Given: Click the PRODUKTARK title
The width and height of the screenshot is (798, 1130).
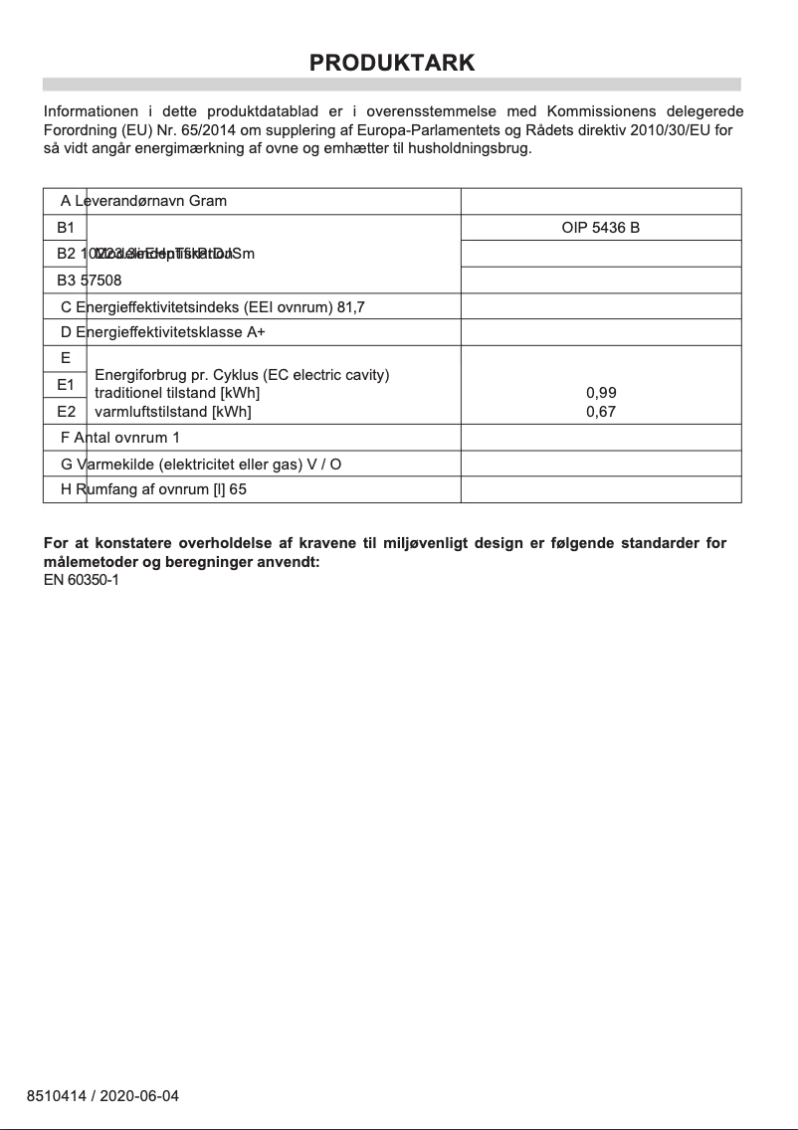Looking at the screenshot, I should [392, 63].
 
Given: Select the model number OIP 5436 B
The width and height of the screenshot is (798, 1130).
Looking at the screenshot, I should [600, 228].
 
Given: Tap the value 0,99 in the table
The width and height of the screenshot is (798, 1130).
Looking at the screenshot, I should [601, 393].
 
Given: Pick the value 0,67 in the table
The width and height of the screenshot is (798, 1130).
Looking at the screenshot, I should [601, 411].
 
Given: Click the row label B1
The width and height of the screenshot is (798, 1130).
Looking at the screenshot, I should [66, 228].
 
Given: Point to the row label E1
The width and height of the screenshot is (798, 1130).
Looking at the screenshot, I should [66, 384].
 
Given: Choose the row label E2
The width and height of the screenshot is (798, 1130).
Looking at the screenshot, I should [66, 411].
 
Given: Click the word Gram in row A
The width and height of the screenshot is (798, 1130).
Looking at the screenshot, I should [208, 201].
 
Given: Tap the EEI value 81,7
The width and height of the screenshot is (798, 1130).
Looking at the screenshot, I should [351, 307].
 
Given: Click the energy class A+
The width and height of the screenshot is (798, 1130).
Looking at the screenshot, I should [256, 332].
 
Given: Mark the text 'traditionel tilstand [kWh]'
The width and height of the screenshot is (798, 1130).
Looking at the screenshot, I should [177, 393].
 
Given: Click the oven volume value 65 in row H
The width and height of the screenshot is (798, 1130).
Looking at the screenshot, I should [238, 489].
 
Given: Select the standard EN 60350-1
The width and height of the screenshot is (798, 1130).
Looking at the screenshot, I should [82, 580].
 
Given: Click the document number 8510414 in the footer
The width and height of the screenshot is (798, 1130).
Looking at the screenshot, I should [55, 1096].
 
